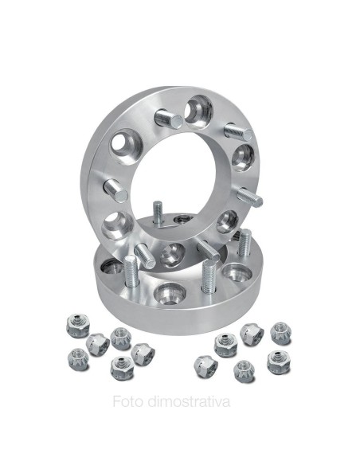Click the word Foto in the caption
(127, 401)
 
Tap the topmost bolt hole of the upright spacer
(198, 110)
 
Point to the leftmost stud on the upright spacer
(116, 190)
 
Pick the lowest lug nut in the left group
(119, 368)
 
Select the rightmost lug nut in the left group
(144, 352)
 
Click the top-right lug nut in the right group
(280, 332)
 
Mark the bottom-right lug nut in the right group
(278, 361)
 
